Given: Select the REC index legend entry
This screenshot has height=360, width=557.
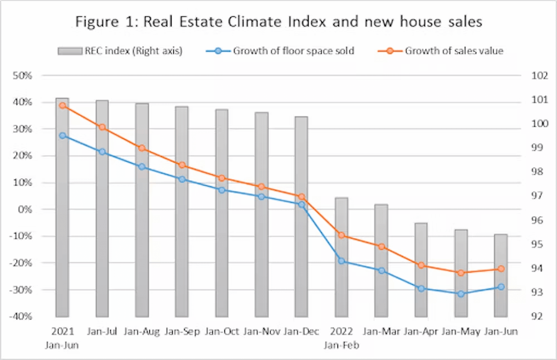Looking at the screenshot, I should coord(120,51).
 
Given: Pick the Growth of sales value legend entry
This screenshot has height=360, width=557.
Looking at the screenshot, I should coord(446,51).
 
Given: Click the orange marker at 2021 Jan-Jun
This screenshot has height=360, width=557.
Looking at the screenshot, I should coord(62,105).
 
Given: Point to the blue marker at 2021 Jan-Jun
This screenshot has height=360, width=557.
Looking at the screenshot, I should coord(62,135).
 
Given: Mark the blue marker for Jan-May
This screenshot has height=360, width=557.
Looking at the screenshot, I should coord(461,294).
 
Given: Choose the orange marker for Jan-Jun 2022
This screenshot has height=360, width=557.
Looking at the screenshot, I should coord(501,269).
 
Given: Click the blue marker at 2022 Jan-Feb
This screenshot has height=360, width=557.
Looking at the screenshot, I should coord(341,261).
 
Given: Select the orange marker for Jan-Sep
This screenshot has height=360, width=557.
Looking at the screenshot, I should coord(182,166).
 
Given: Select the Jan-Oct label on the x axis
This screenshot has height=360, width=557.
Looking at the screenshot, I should coord(222,332).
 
